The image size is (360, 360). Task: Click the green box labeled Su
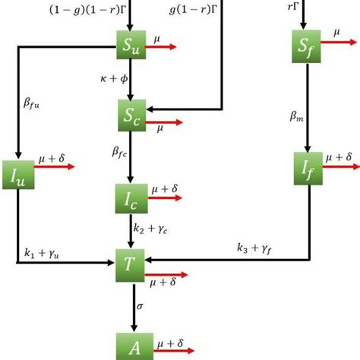[131, 47]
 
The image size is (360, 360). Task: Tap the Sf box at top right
[307, 47]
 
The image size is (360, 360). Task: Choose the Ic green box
[131, 198]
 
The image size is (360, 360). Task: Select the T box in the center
[131, 262]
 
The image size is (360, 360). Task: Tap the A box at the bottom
[131, 346]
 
